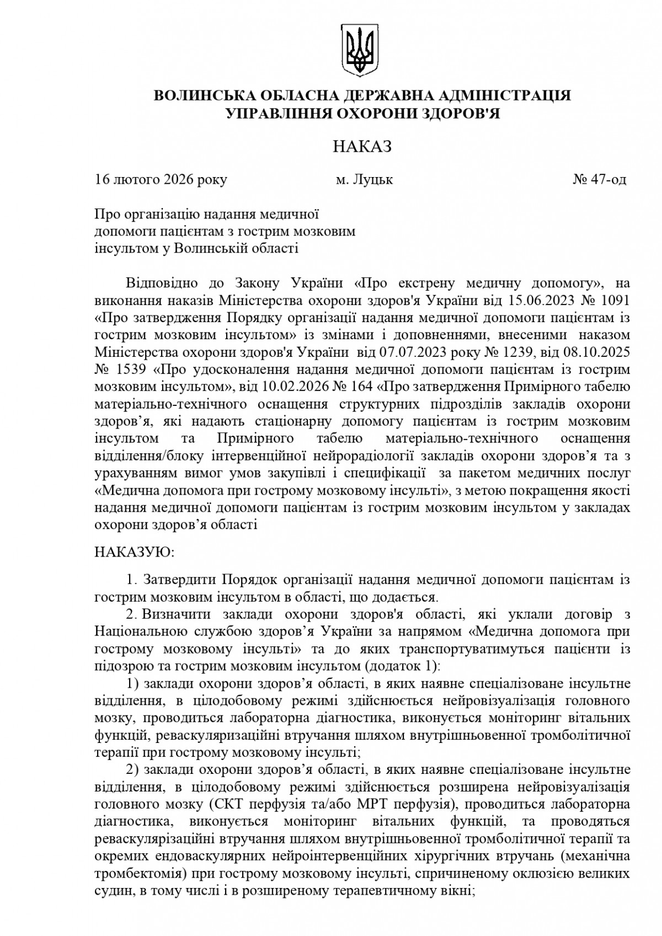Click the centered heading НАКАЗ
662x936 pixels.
click(362, 147)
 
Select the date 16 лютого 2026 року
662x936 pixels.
click(161, 180)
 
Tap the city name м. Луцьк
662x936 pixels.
click(365, 180)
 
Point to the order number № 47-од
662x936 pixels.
click(600, 180)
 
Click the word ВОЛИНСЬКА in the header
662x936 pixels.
click(203, 95)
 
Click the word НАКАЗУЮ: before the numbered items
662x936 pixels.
click(134, 552)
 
